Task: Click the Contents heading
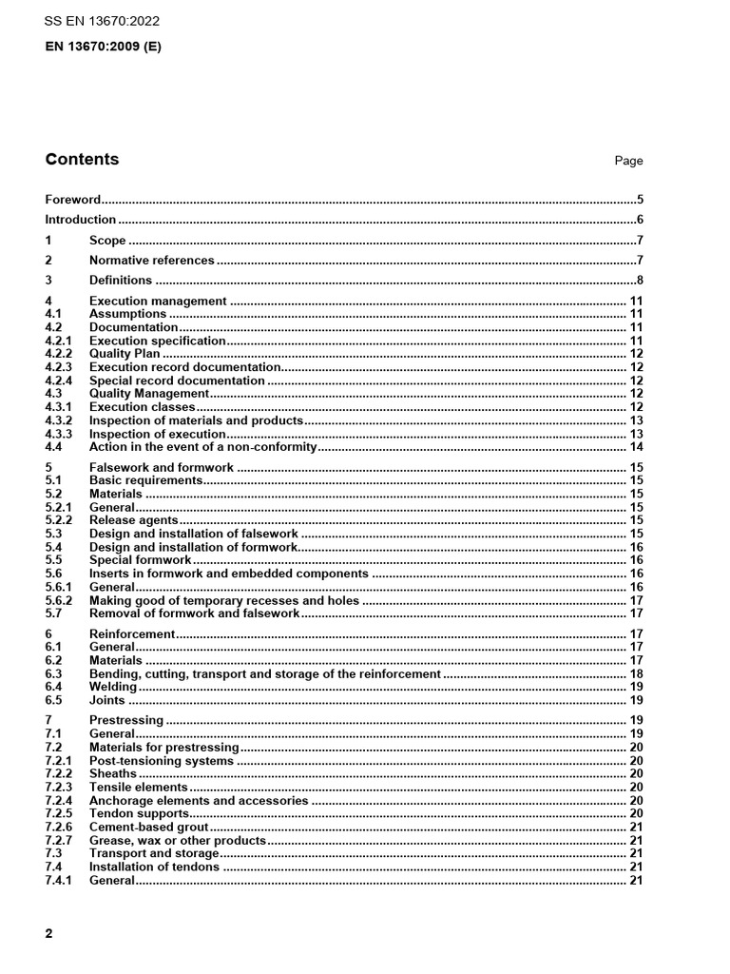(82, 160)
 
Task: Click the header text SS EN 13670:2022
(103, 21)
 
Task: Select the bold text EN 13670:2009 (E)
(103, 46)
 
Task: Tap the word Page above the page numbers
(628, 162)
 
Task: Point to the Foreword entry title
(72, 201)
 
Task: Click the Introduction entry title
(80, 221)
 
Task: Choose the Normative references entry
(151, 261)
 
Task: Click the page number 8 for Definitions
(640, 281)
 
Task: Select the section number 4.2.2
(59, 354)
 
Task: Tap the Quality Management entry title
(148, 394)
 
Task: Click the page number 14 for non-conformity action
(637, 447)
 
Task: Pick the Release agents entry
(133, 521)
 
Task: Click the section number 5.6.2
(59, 601)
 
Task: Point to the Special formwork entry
(140, 561)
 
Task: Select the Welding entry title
(113, 687)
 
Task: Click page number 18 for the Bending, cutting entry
(637, 673)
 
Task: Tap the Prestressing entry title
(125, 721)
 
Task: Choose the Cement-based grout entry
(144, 828)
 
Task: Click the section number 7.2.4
(59, 801)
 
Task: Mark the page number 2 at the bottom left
(49, 933)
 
